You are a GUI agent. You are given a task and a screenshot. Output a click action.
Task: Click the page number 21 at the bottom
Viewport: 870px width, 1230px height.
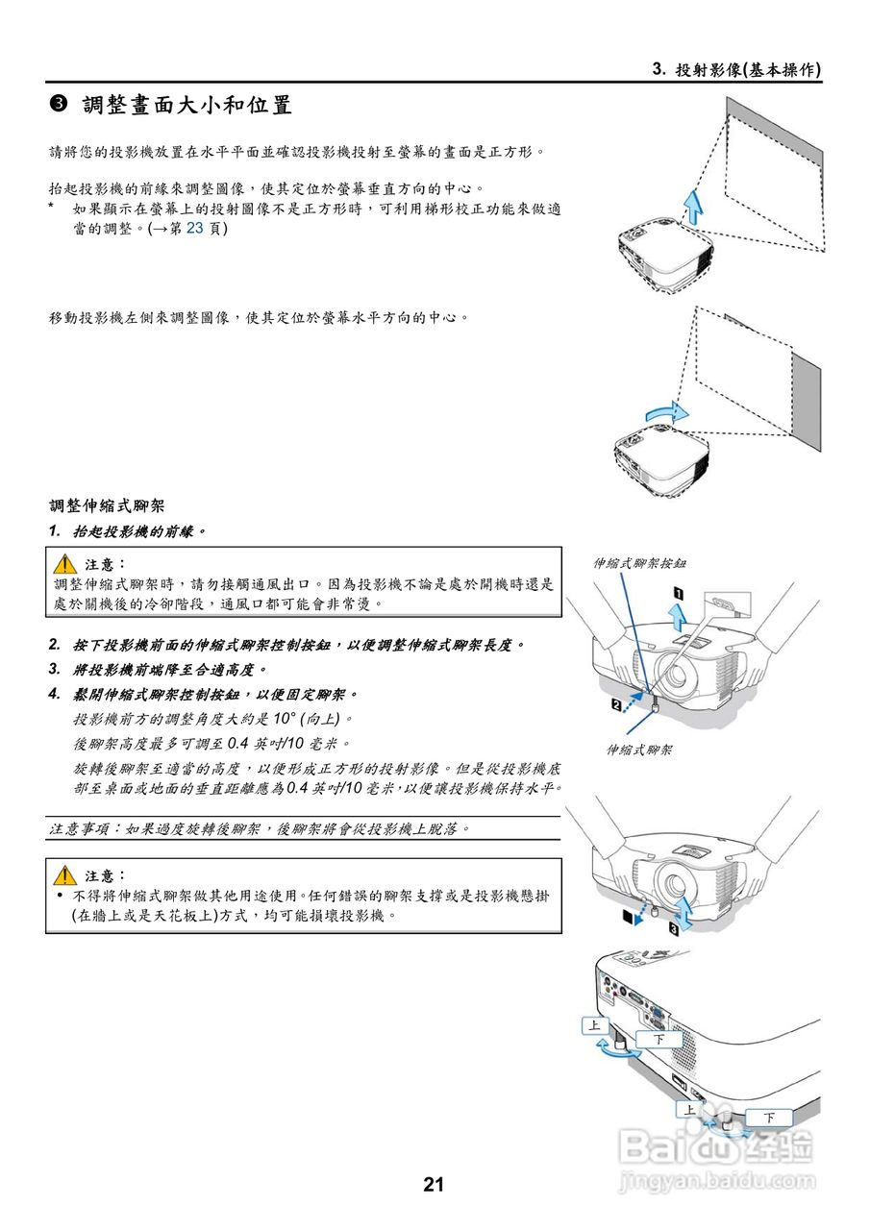coord(434,1185)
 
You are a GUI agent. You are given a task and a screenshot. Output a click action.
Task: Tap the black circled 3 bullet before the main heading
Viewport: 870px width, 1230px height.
coord(58,105)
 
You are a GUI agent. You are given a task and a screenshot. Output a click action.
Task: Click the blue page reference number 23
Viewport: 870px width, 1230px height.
coord(195,230)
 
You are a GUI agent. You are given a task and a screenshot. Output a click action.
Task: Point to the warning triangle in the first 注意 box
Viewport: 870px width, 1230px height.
coord(65,564)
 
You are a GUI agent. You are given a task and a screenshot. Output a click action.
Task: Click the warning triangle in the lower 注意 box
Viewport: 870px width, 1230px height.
coord(65,875)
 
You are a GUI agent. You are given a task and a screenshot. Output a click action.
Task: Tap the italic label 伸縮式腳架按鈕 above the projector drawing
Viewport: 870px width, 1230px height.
coord(639,563)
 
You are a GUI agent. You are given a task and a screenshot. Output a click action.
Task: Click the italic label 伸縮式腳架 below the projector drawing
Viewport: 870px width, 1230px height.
coord(639,750)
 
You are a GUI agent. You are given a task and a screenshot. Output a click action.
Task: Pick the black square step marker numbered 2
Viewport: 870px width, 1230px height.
coord(616,706)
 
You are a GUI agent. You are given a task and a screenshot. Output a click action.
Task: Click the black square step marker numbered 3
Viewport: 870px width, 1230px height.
coord(673,929)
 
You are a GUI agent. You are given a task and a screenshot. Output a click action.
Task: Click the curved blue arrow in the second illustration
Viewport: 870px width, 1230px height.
coord(665,413)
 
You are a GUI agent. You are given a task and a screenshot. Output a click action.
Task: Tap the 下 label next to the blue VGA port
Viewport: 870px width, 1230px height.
coord(659,1039)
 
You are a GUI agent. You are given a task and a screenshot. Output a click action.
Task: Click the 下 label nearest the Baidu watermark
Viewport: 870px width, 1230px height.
coord(769,1118)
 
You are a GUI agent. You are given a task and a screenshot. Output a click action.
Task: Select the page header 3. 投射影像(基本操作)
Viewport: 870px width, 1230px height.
coord(736,69)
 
